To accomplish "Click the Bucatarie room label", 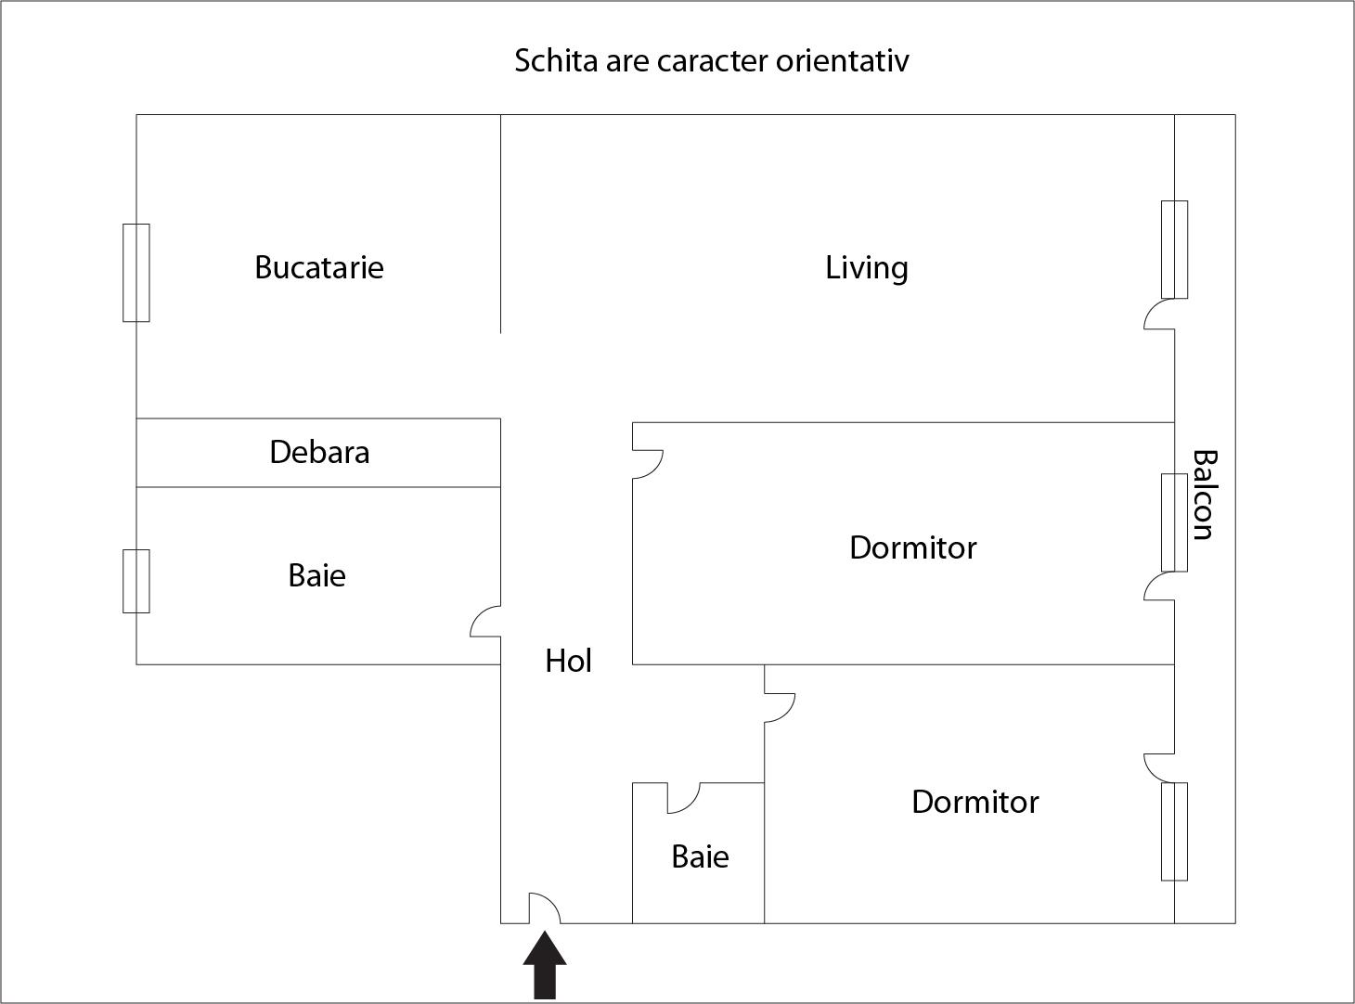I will point(318,267).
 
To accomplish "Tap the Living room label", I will point(866,267).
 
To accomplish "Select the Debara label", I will point(319,452).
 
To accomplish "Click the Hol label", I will point(568,661).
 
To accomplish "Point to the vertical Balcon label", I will point(1204,495).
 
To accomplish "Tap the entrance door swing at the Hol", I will point(545,908).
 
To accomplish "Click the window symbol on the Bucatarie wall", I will point(136,273).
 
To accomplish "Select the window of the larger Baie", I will point(136,581).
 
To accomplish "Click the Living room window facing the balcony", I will point(1174,250).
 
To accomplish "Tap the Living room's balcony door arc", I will point(1159,314).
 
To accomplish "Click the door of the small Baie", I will point(683,798).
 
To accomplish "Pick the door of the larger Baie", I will point(485,622).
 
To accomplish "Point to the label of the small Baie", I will point(700,856).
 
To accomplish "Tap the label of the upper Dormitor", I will point(912,547).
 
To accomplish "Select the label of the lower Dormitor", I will point(974,802).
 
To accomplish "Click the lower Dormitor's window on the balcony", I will point(1174,831).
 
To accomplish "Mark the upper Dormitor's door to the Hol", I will point(648,464).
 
